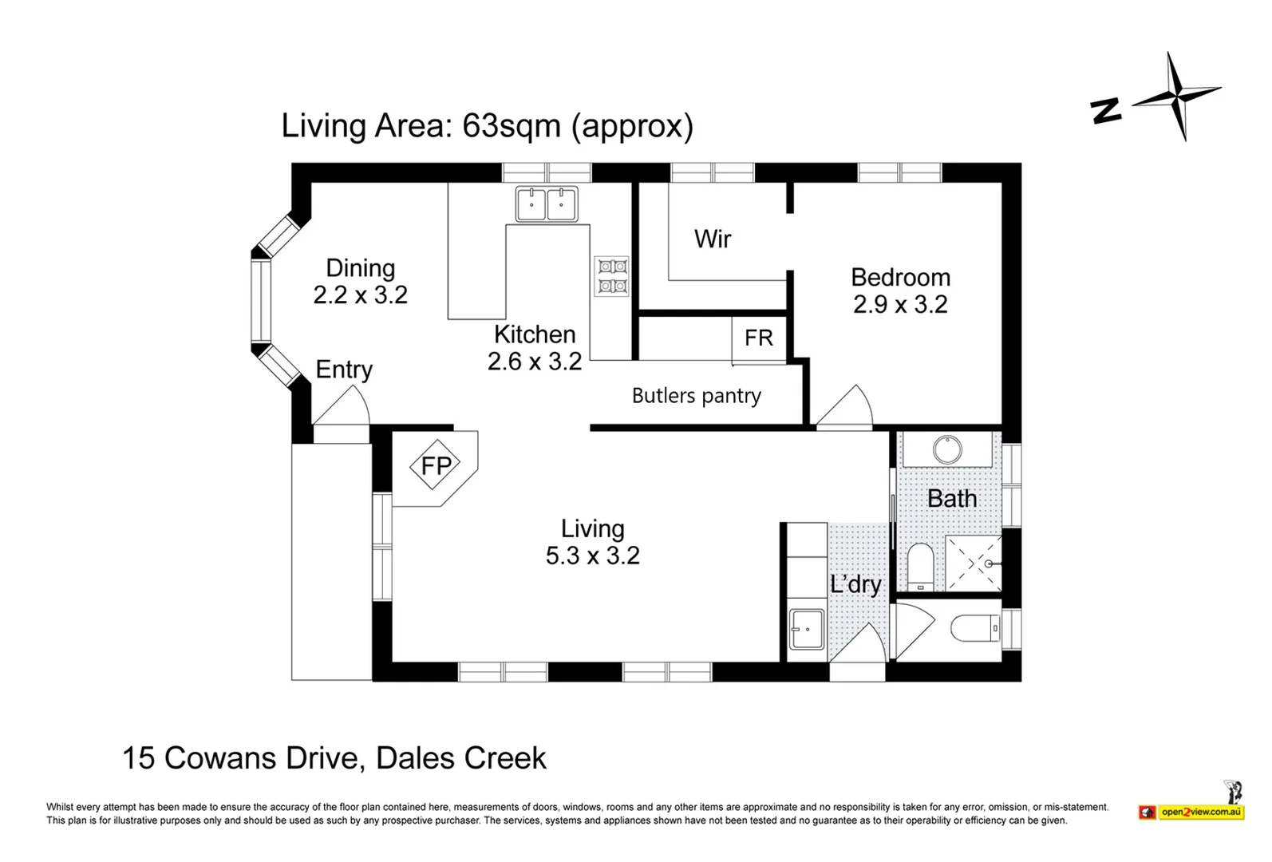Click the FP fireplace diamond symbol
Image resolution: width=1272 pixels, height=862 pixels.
pos(436,465)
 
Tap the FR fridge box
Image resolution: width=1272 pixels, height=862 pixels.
pos(759,339)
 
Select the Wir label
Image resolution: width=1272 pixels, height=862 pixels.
pos(713,239)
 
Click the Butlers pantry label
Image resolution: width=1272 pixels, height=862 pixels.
pos(696,396)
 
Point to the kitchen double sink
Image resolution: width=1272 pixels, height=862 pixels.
pos(547,204)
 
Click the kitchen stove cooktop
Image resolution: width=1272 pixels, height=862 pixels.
pos(611,276)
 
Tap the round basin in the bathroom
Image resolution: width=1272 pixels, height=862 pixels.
pos(947,449)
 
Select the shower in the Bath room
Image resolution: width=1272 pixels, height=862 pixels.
pos(974,563)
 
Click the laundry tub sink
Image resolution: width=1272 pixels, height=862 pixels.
pos(807,629)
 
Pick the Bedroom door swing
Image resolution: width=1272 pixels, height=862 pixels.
pos(845,405)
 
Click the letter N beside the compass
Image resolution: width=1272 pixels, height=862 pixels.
pos(1105,110)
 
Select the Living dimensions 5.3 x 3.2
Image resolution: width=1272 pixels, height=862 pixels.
pos(593,556)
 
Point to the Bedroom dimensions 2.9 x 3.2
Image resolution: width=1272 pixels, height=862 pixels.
pos(900,304)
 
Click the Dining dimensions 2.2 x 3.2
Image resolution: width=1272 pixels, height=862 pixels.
pos(361,295)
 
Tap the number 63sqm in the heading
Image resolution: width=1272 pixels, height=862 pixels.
pos(512,125)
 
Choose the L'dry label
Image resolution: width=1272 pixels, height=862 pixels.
pos(855,584)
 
